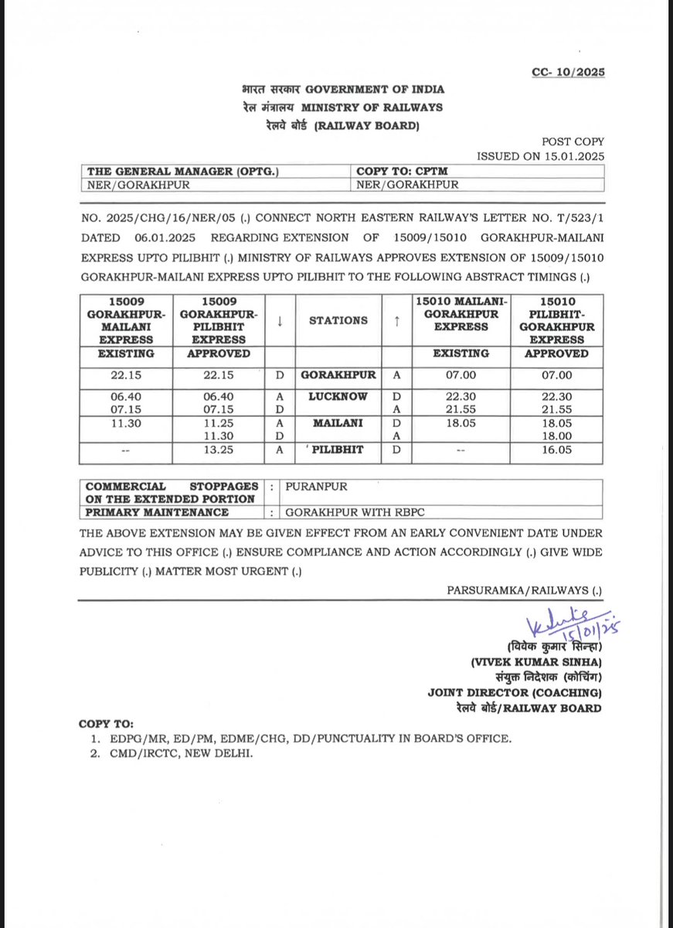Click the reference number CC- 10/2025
pyautogui.click(x=568, y=72)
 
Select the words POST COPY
pyautogui.click(x=573, y=142)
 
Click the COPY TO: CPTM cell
pyautogui.click(x=401, y=172)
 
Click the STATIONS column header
pyautogui.click(x=338, y=320)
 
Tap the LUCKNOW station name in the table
pyautogui.click(x=338, y=396)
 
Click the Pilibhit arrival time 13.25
pyautogui.click(x=219, y=449)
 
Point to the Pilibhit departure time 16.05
pyautogui.click(x=556, y=449)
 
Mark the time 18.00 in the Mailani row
pyautogui.click(x=556, y=435)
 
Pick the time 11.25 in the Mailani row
pyautogui.click(x=219, y=423)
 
